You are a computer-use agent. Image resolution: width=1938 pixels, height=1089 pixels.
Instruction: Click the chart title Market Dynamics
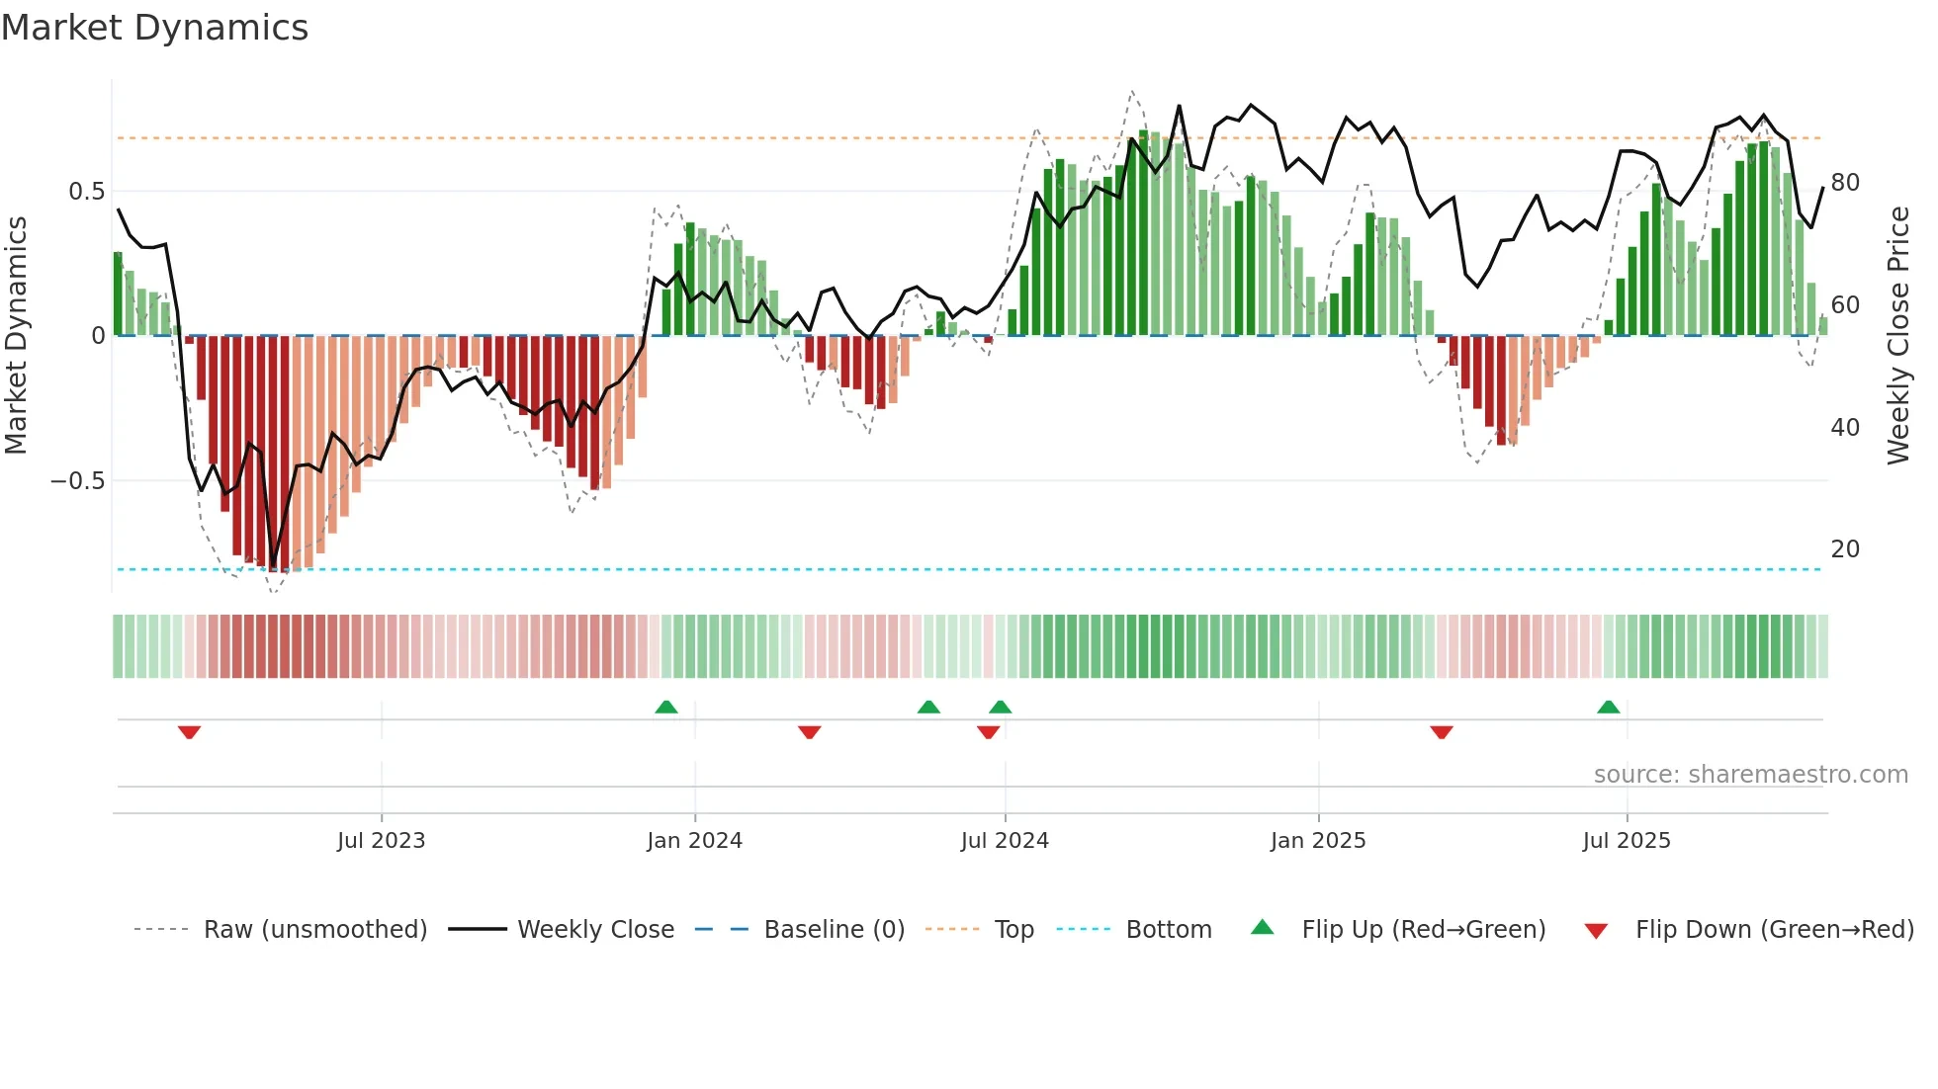click(x=154, y=28)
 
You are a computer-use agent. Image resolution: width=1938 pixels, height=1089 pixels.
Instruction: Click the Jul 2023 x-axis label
click(x=381, y=841)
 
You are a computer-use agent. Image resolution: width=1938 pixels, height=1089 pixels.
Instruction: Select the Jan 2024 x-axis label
click(x=694, y=841)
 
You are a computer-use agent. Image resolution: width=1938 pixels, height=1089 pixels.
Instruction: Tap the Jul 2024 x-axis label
click(x=1005, y=841)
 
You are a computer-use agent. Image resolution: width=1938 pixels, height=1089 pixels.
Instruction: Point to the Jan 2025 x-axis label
click(x=1318, y=841)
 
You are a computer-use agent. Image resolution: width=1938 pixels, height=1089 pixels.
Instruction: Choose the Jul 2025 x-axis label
click(x=1627, y=841)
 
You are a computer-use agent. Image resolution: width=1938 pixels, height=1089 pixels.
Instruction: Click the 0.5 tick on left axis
click(x=87, y=192)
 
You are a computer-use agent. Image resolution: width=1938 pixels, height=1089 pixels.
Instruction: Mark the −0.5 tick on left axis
click(x=78, y=481)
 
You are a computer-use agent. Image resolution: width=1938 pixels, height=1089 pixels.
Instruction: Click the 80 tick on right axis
click(x=1845, y=183)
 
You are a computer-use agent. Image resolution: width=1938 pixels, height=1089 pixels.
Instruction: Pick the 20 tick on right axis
click(x=1845, y=549)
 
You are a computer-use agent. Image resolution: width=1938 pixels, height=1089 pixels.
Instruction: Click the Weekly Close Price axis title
click(x=1898, y=336)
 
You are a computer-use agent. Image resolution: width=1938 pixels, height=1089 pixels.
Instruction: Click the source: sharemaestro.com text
click(x=1750, y=775)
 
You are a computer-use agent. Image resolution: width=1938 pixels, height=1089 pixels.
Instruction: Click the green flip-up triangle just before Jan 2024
click(x=666, y=708)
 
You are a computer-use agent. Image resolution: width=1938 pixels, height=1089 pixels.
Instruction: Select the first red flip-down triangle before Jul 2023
click(x=190, y=731)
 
